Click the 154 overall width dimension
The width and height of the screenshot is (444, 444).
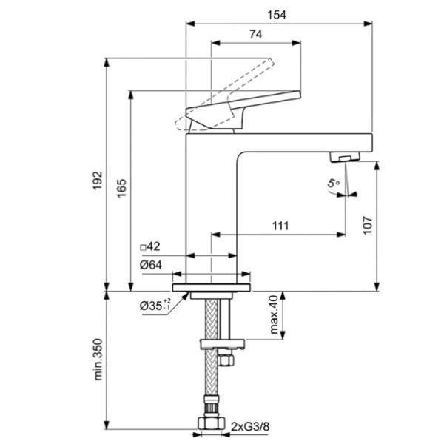pyautogui.click(x=277, y=15)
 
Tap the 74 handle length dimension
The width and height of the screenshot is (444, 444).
pyautogui.click(x=256, y=34)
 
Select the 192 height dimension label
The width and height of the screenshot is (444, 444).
pyautogui.click(x=98, y=181)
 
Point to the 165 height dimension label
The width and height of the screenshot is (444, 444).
pyautogui.click(x=121, y=188)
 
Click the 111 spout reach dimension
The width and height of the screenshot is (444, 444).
pyautogui.click(x=280, y=226)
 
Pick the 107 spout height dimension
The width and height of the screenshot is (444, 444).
pyautogui.click(x=368, y=225)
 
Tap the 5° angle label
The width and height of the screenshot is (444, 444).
pyautogui.click(x=333, y=183)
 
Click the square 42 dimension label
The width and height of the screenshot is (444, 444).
pyautogui.click(x=150, y=246)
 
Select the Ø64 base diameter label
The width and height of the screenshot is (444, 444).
pyautogui.click(x=151, y=265)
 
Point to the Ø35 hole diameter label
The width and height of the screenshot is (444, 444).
pyautogui.click(x=155, y=305)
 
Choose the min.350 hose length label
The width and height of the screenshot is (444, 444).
pyautogui.click(x=98, y=359)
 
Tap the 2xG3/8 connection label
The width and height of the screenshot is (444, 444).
pyautogui.click(x=250, y=426)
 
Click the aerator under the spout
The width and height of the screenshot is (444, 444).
pyautogui.click(x=345, y=157)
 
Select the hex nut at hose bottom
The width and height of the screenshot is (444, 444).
pyautogui.click(x=210, y=423)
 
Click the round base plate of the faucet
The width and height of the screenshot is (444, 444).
pyautogui.click(x=211, y=287)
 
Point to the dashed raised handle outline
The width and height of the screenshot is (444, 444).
pyautogui.click(x=224, y=94)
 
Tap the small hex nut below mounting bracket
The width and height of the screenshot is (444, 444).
pyautogui.click(x=226, y=360)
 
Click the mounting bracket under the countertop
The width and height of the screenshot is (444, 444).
pyautogui.click(x=222, y=344)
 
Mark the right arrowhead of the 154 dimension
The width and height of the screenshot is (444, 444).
pyautogui.click(x=368, y=24)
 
